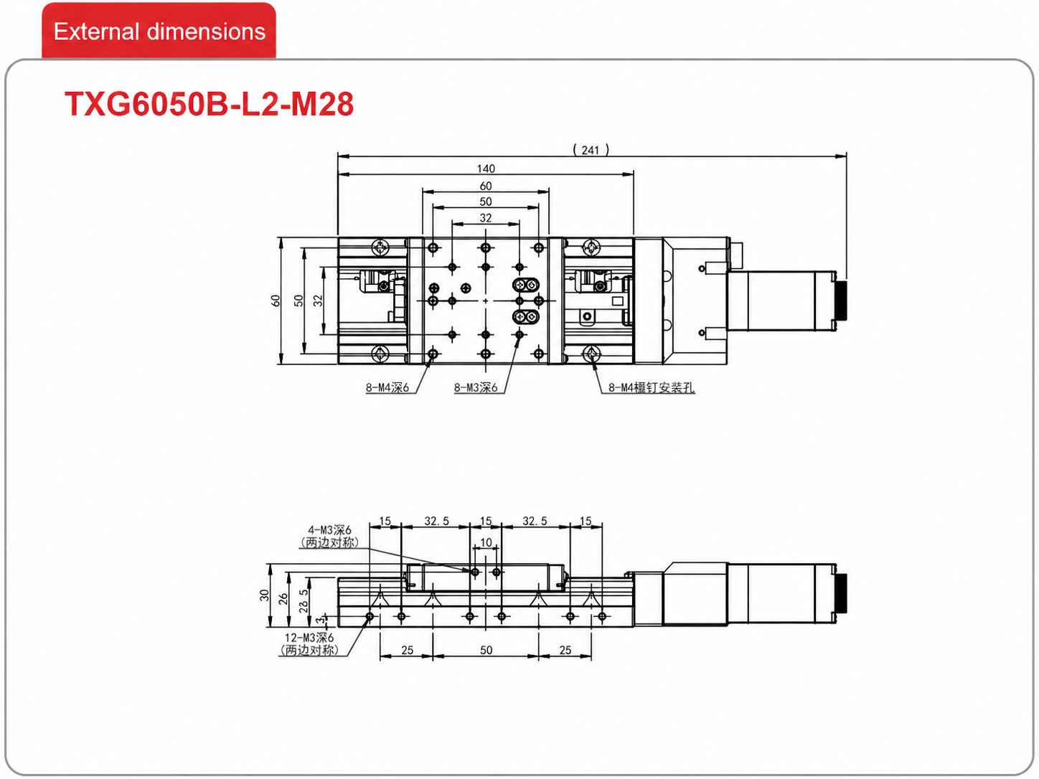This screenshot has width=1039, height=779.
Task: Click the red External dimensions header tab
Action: coord(159,30)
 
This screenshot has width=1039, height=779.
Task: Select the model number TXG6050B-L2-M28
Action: coord(209,104)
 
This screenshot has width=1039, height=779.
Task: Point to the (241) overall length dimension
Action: coord(591,150)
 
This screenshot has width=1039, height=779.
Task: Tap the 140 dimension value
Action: coord(486,169)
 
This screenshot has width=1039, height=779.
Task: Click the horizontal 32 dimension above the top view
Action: coord(486,217)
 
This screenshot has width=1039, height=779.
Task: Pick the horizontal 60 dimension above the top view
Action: coord(486,186)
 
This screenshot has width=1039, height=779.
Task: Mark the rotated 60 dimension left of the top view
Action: coord(276,301)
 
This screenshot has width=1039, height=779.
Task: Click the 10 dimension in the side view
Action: coord(486,542)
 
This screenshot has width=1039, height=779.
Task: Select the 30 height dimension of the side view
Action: coord(264,595)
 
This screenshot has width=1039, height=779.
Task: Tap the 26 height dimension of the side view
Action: coord(283,599)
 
